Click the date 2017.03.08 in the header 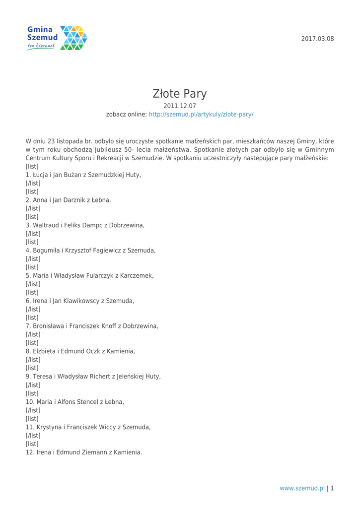click(318, 39)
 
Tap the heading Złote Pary click(180, 93)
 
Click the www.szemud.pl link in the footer click(302, 488)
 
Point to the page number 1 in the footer click(332, 488)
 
